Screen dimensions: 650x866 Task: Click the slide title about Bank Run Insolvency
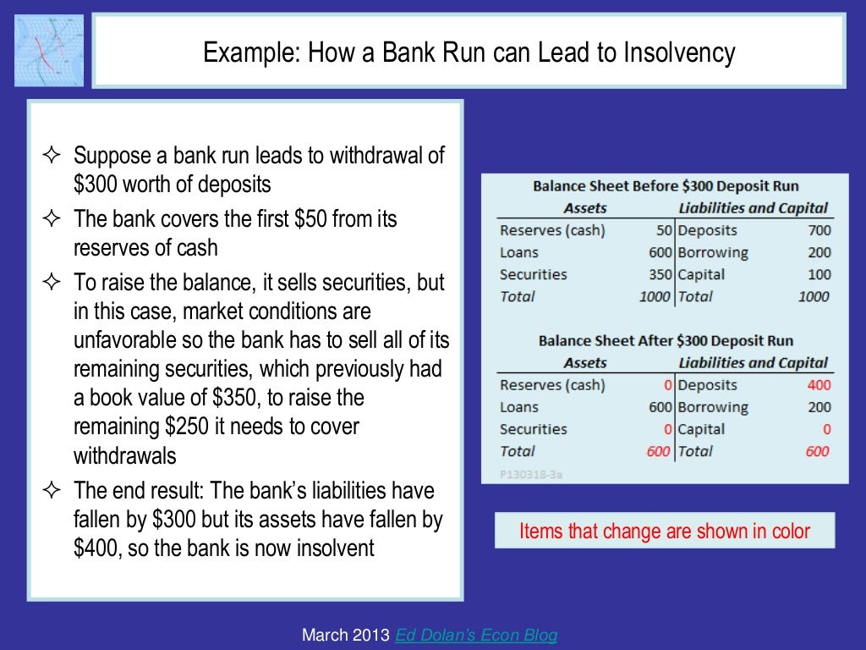click(x=469, y=53)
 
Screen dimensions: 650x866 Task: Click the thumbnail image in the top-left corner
click(x=49, y=50)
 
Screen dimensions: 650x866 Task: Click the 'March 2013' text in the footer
click(x=346, y=635)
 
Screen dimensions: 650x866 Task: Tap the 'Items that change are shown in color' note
click(x=664, y=532)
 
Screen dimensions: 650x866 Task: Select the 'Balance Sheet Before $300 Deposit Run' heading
click(x=665, y=186)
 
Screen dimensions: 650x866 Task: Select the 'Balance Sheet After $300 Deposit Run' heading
click(x=665, y=341)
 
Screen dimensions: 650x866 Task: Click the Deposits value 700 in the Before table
click(x=819, y=230)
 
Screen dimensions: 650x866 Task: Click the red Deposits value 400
click(x=819, y=385)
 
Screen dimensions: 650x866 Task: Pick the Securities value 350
click(x=660, y=274)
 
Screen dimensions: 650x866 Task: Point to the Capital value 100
click(x=819, y=274)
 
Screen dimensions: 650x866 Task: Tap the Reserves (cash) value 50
click(x=663, y=230)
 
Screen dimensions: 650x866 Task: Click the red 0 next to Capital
click(x=826, y=429)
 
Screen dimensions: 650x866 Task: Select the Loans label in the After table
click(x=518, y=407)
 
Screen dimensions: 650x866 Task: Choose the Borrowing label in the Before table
click(x=713, y=252)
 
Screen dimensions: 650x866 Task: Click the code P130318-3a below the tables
click(x=530, y=474)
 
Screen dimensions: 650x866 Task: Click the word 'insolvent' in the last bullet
click(x=335, y=548)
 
